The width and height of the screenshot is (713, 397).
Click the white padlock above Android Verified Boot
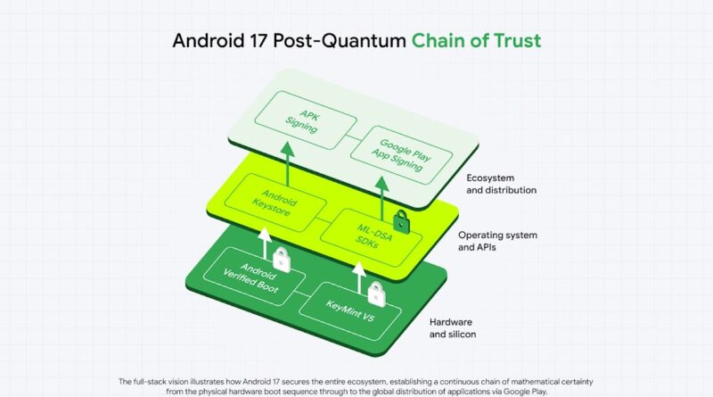pyautogui.click(x=282, y=259)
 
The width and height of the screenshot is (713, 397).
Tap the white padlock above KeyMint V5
pyautogui.click(x=375, y=294)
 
